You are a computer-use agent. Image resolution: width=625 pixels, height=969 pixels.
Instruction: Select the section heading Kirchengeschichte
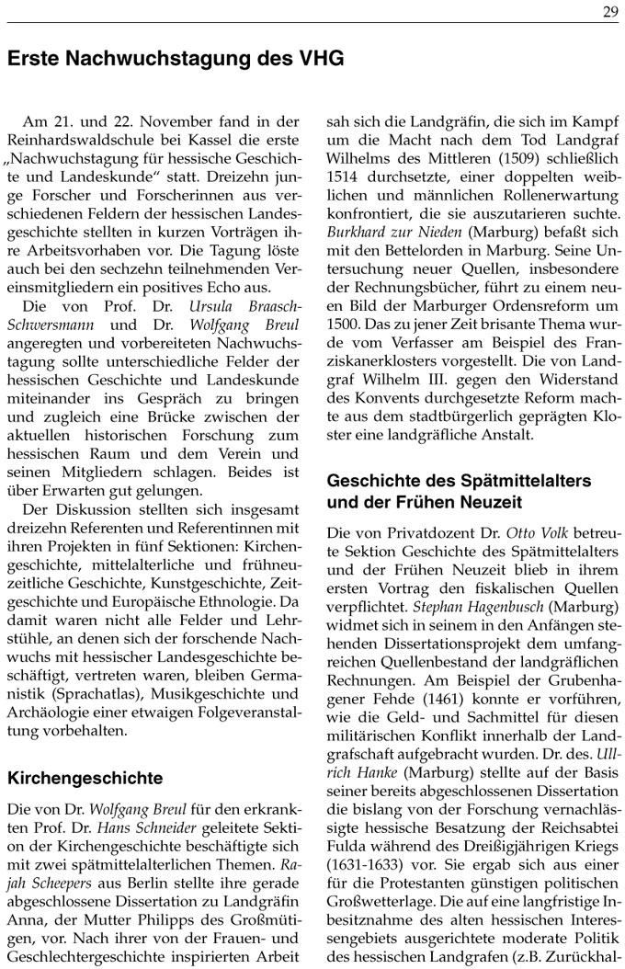[x=85, y=778]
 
